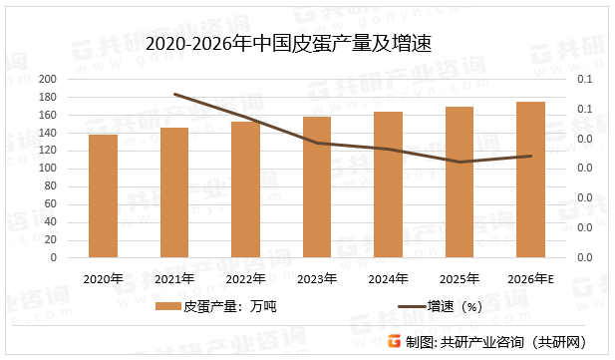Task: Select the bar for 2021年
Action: [x=174, y=192]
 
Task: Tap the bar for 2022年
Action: [x=245, y=189]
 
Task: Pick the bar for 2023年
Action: [x=317, y=186]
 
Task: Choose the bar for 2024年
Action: [x=388, y=184]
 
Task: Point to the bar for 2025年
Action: [x=459, y=181]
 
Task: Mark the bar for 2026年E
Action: [x=530, y=180]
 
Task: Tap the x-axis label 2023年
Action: [x=317, y=278]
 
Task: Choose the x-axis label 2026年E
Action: [x=530, y=278]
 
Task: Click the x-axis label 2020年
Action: [x=103, y=278]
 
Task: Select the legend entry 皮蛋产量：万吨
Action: [x=230, y=307]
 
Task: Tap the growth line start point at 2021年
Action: [x=174, y=95]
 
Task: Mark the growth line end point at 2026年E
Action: [x=530, y=156]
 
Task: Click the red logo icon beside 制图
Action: [x=396, y=341]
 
